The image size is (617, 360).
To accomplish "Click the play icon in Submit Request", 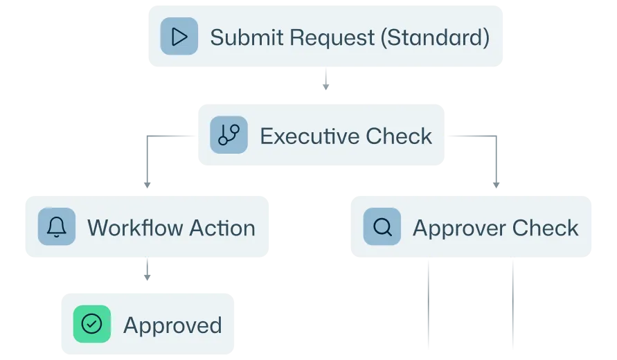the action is [x=179, y=36].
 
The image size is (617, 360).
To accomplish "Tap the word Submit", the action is [x=247, y=37].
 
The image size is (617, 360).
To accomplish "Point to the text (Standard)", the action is [x=435, y=38].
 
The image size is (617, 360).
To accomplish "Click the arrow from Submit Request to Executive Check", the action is [x=326, y=79].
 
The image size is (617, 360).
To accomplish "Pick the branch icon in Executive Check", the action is [x=229, y=135].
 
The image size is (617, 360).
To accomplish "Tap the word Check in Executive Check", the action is [x=399, y=136].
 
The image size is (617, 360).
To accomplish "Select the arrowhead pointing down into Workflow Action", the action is [x=147, y=185].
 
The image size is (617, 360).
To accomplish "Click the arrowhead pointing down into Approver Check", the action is [x=497, y=185].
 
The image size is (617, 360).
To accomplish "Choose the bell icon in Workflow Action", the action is [x=57, y=226].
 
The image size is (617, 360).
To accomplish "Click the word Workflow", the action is [x=134, y=228].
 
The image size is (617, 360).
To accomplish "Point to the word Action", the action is [x=223, y=228].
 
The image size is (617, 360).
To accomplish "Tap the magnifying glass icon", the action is [x=382, y=226].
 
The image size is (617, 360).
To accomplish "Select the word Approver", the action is [x=458, y=229].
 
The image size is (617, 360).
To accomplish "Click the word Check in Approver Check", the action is [x=546, y=228].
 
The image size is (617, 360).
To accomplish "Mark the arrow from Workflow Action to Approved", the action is [x=147, y=269].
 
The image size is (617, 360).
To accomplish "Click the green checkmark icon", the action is [x=92, y=324].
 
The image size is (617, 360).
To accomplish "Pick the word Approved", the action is [x=172, y=326].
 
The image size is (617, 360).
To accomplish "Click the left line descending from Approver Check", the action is [x=429, y=303].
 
